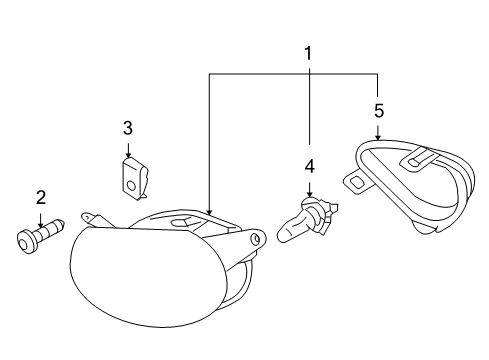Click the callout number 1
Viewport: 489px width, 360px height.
click(x=308, y=54)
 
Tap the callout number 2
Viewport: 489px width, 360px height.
click(x=41, y=197)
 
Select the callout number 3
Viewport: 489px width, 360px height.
click(x=128, y=128)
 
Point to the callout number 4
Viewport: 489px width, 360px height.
click(x=310, y=166)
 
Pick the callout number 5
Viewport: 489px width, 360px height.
click(x=379, y=111)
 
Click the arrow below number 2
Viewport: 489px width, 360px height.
click(x=41, y=220)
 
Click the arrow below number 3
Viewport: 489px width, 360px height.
click(x=128, y=150)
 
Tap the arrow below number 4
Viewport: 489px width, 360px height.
click(x=310, y=190)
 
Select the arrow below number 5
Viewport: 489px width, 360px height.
click(x=377, y=132)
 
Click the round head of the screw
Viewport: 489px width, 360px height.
click(x=25, y=242)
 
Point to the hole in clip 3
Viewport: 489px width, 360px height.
click(x=132, y=186)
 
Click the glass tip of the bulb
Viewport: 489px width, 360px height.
click(x=288, y=232)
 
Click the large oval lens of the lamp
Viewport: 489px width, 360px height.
click(x=148, y=275)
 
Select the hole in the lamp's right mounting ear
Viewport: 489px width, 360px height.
click(x=256, y=239)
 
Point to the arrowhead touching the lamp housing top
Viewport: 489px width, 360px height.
click(x=209, y=211)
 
